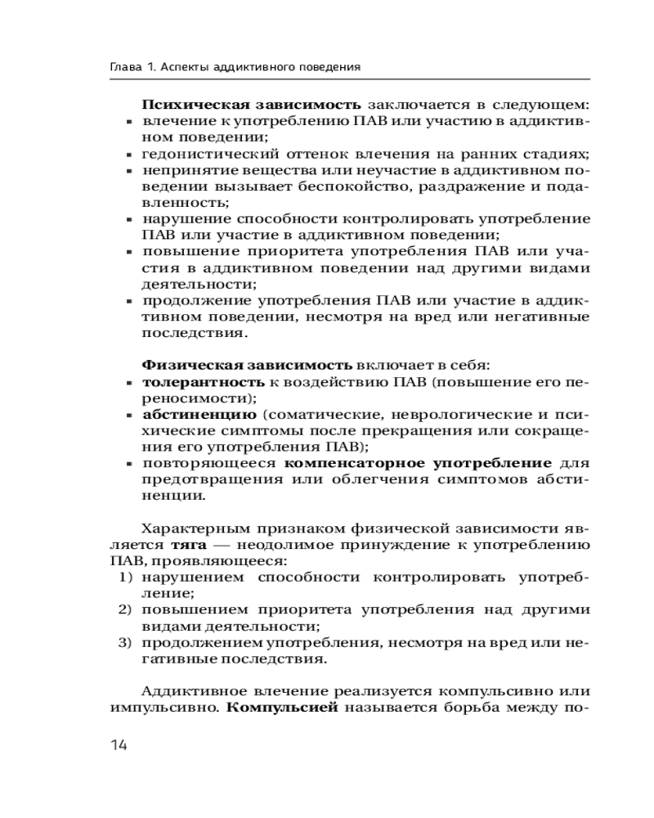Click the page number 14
119,745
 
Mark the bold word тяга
187,544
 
